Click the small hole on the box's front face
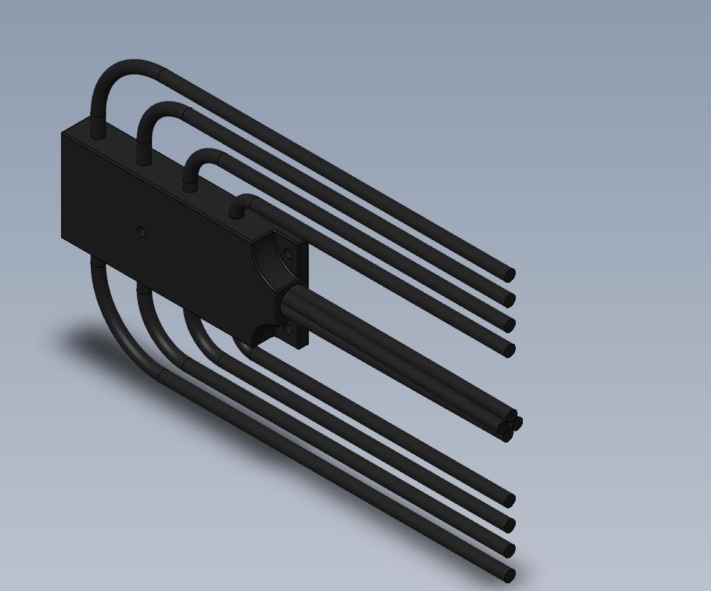(x=141, y=232)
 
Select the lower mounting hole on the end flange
(x=288, y=328)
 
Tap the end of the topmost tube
(x=509, y=274)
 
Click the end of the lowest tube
(x=509, y=575)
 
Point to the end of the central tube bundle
(x=509, y=424)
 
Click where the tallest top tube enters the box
(x=97, y=132)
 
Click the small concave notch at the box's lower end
(x=261, y=335)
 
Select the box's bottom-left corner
(x=64, y=238)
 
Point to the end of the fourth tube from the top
(x=509, y=349)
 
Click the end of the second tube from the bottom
(x=509, y=549)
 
